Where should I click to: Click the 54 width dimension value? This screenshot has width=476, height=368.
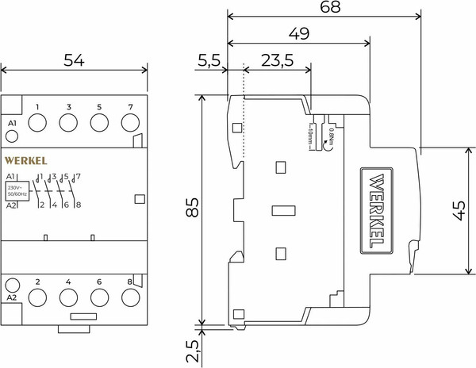[75, 59]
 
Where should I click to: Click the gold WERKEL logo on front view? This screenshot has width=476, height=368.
[26, 159]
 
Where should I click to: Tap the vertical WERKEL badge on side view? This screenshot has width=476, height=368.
[378, 208]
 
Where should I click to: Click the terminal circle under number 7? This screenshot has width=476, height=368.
[130, 123]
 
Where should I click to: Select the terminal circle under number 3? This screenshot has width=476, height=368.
[68, 123]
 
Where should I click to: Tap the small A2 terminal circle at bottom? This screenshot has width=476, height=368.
[12, 284]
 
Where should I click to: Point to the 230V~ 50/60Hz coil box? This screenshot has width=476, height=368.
[16, 190]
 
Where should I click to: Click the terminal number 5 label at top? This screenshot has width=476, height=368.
[99, 106]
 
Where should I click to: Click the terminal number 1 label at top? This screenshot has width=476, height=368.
[37, 106]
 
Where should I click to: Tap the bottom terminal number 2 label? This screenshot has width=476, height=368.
[37, 281]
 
